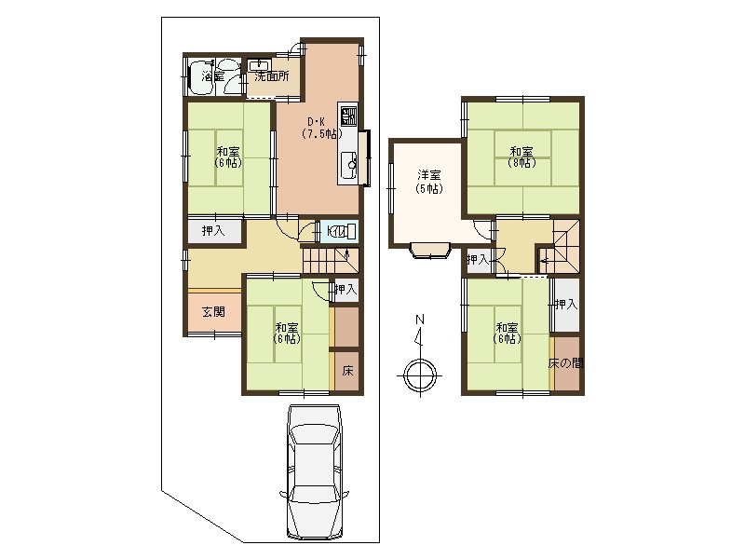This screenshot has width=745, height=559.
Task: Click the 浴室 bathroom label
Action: [212, 76]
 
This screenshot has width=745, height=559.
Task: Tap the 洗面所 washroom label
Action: [272, 76]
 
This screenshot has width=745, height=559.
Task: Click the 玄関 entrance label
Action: [214, 312]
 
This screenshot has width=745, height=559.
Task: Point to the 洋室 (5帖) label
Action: [429, 182]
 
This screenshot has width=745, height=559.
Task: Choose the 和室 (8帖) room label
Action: [521, 157]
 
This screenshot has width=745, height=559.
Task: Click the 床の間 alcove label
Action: [565, 363]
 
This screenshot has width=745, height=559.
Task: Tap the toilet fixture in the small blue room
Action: [342, 231]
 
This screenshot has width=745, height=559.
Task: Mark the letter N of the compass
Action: [420, 319]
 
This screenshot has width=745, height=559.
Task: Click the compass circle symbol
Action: [420, 375]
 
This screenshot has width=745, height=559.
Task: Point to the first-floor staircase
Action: [331, 261]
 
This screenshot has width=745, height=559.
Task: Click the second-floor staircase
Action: [559, 247]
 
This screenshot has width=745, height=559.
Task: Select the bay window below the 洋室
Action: [430, 251]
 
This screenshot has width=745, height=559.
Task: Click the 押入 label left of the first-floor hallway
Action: [213, 231]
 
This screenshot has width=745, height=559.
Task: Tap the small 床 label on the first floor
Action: [347, 371]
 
